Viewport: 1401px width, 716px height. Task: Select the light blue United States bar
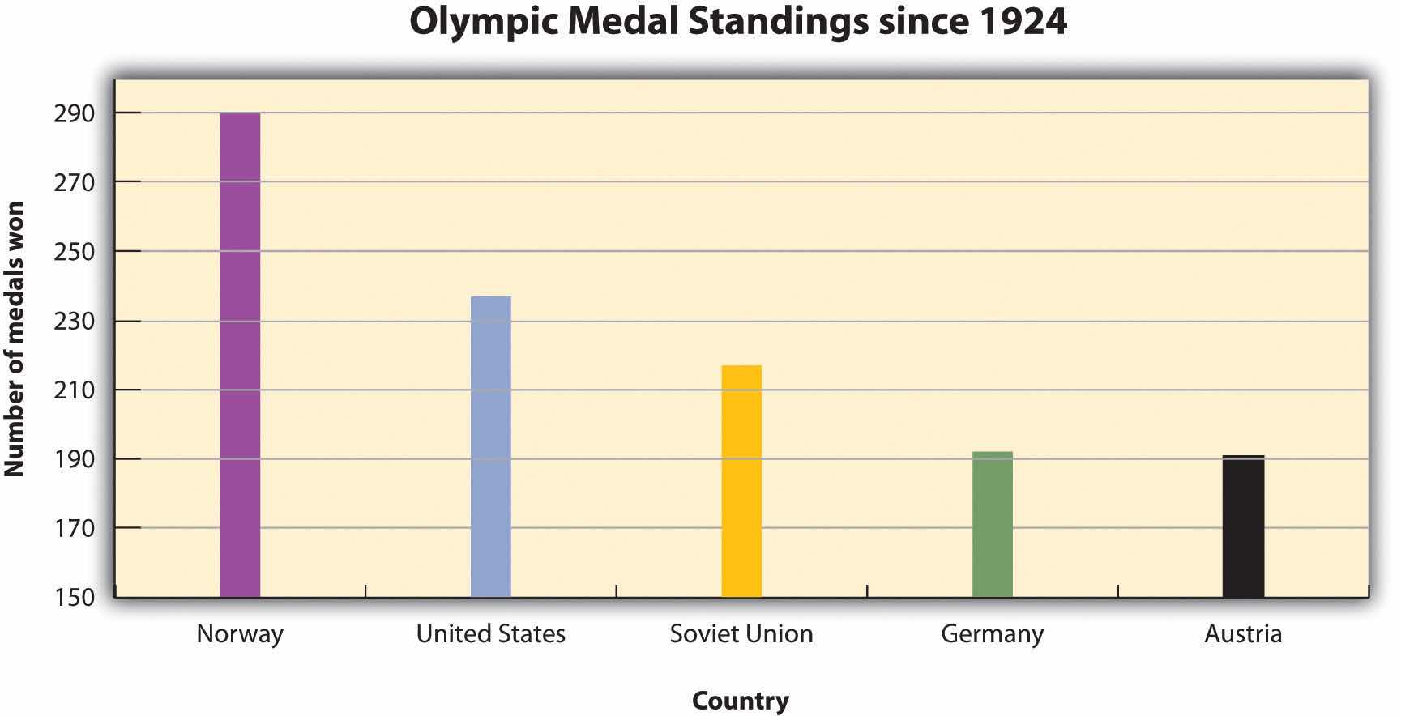(490, 446)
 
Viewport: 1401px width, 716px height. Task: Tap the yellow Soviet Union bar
(741, 481)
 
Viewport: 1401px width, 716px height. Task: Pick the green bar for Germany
(992, 524)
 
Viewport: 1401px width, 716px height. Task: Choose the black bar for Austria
(1243, 526)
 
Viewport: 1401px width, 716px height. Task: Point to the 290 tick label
(75, 114)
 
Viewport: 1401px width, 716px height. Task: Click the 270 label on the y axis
(75, 183)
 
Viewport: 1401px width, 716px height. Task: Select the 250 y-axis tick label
(75, 252)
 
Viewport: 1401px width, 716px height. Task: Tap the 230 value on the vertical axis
(75, 322)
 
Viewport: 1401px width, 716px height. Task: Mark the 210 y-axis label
(75, 390)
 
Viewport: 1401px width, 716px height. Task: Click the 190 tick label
(75, 459)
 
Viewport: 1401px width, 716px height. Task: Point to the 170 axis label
(75, 528)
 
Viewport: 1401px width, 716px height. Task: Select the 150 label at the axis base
(75, 597)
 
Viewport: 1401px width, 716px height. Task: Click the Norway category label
(240, 633)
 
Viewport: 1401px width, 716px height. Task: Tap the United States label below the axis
(490, 633)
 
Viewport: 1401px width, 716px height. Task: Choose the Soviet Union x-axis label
(741, 633)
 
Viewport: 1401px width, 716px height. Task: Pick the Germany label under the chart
(992, 633)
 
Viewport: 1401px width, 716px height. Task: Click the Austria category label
(1243, 633)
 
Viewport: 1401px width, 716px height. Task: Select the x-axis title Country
(740, 701)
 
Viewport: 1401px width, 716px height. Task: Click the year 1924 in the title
(1023, 22)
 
